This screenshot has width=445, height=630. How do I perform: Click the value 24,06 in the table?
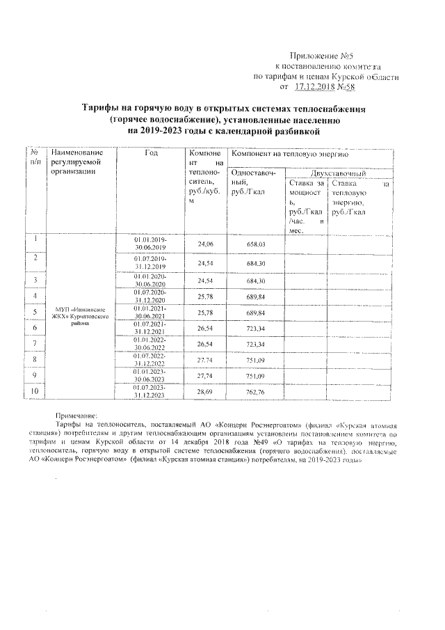(x=205, y=244)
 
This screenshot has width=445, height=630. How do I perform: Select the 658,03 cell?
(x=257, y=244)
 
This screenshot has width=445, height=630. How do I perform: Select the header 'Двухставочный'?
(x=338, y=172)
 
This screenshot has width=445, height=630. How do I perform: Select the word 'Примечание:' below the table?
(x=77, y=414)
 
